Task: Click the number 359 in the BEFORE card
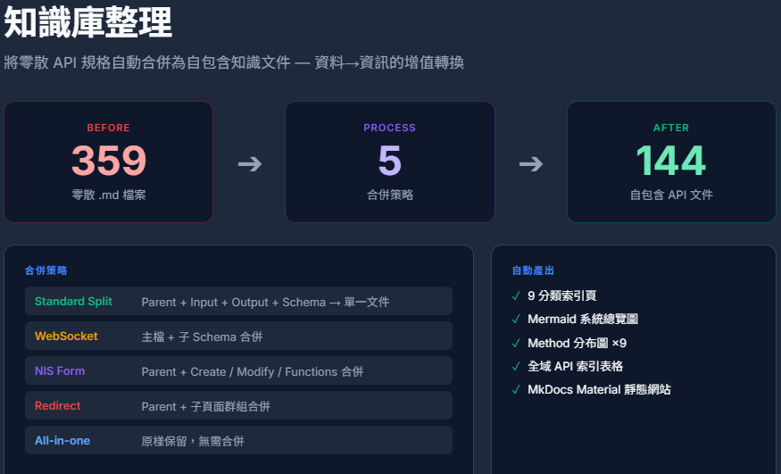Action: (x=109, y=161)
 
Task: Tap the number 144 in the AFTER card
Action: (x=671, y=161)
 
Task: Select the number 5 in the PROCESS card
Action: (x=389, y=161)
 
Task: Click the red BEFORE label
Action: (x=109, y=128)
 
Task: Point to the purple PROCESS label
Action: (x=389, y=128)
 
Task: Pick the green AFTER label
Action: (x=671, y=128)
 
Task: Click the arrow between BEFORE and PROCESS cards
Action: (x=250, y=163)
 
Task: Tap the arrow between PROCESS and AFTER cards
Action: (x=531, y=163)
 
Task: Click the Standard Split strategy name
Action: (x=73, y=301)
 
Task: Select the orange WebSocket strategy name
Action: (x=66, y=336)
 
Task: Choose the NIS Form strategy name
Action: (x=60, y=371)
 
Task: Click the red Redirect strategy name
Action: (x=57, y=406)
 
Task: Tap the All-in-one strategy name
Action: (x=62, y=441)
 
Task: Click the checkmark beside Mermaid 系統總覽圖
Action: (x=516, y=320)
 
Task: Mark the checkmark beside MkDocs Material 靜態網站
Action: (x=516, y=389)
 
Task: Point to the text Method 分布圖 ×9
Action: (x=577, y=343)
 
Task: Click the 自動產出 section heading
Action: (x=533, y=270)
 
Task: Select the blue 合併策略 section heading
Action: (x=46, y=270)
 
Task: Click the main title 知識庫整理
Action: (x=88, y=22)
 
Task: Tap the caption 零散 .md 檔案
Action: (x=109, y=195)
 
